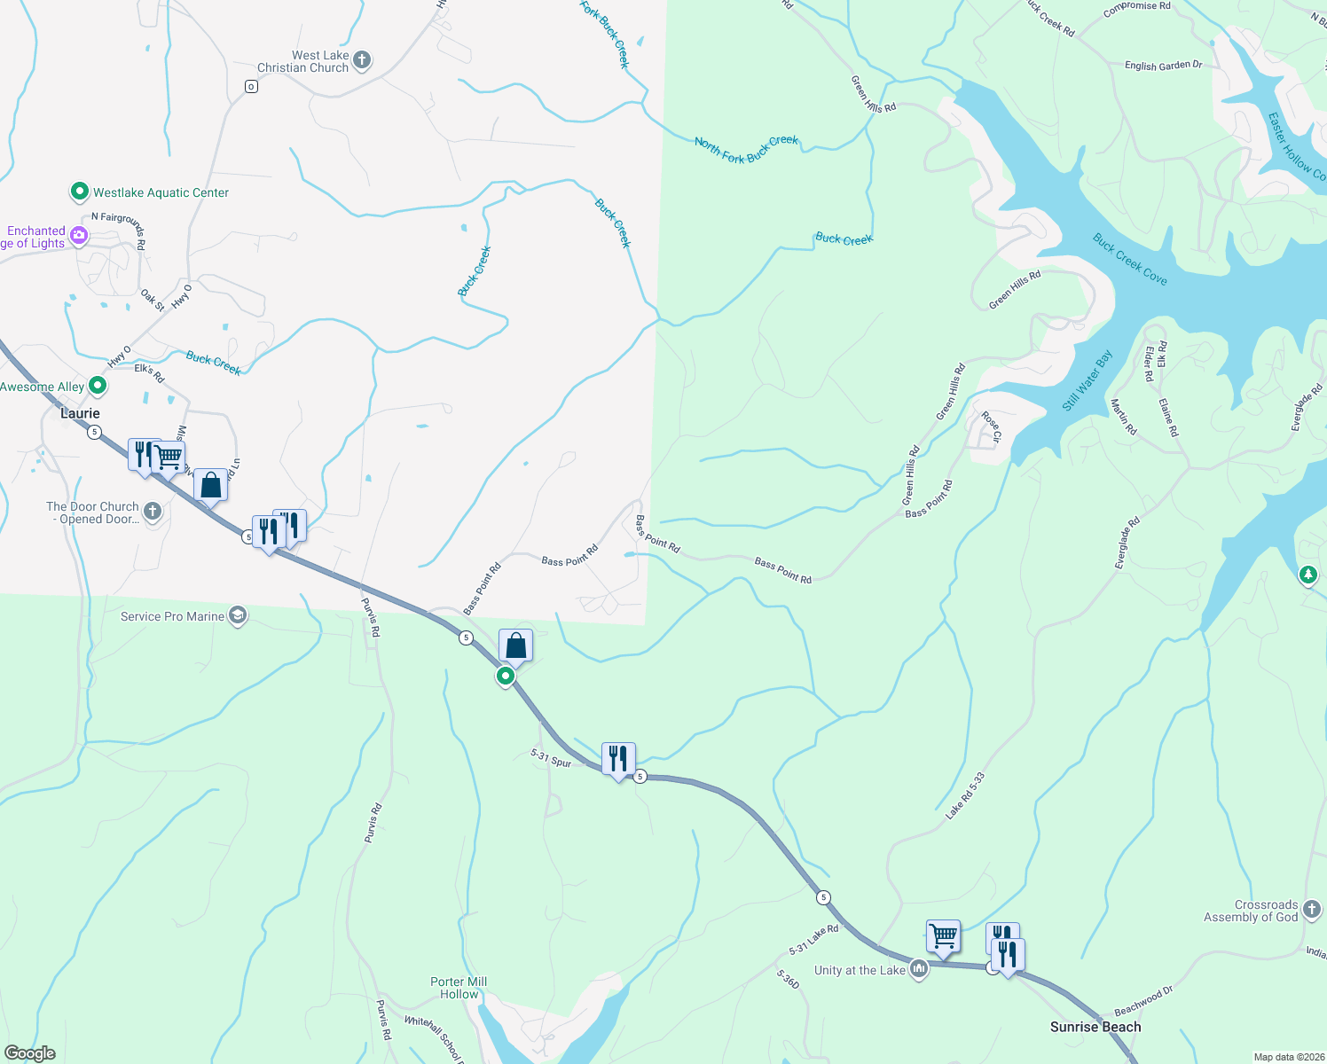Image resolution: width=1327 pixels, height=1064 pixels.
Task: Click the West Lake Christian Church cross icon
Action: (x=361, y=60)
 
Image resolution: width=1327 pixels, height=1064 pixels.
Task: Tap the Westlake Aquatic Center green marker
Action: (x=79, y=192)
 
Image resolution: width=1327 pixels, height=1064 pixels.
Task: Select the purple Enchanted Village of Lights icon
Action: (x=79, y=236)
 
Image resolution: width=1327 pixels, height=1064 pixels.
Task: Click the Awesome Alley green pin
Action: (x=98, y=386)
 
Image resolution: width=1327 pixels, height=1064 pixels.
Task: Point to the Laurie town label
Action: (x=80, y=413)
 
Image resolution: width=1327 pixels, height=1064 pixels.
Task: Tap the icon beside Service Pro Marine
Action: (x=237, y=615)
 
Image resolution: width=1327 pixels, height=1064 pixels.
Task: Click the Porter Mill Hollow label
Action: (x=459, y=988)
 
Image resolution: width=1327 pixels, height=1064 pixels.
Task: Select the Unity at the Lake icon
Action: (x=919, y=969)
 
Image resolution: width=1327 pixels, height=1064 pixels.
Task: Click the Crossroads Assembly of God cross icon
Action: (x=1312, y=909)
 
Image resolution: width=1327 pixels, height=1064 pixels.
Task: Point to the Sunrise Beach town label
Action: (x=1095, y=1027)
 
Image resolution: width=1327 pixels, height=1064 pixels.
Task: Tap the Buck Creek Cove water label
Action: (x=1129, y=260)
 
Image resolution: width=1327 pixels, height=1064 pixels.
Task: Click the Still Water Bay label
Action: (x=1087, y=381)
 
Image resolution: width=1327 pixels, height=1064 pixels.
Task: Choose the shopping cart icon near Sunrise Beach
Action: (x=943, y=936)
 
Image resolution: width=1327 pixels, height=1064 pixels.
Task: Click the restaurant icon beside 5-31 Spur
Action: (x=618, y=759)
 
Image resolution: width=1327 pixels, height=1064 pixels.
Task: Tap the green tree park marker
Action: (x=1307, y=575)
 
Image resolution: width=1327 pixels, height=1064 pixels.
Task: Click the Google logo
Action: (x=30, y=1053)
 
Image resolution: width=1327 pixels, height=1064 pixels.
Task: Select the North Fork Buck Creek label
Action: (x=746, y=149)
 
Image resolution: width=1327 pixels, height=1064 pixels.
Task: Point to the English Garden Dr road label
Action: (x=1163, y=66)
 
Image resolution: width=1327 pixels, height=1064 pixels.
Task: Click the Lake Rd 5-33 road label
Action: (x=965, y=794)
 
